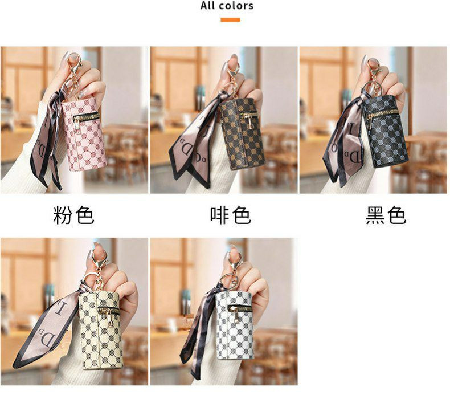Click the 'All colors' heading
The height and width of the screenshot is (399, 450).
pos(227,6)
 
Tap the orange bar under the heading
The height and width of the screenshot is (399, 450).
pos(230,20)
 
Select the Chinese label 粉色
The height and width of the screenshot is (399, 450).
pos(73,215)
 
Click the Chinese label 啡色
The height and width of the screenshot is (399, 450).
pos(231,215)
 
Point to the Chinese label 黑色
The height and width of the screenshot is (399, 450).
pos(386,215)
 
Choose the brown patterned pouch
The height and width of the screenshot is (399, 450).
pos(242,133)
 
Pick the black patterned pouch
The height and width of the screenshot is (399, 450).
pos(386,131)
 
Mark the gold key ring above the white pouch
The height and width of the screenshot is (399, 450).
pos(229,279)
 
